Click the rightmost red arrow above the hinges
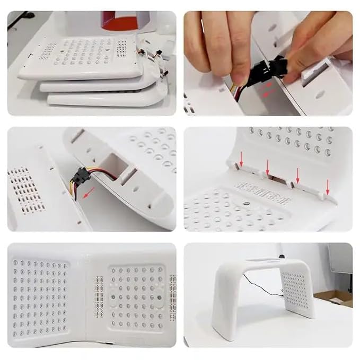pos(328,186)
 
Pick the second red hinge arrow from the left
pos(268,168)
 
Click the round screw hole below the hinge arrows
pos(247,204)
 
